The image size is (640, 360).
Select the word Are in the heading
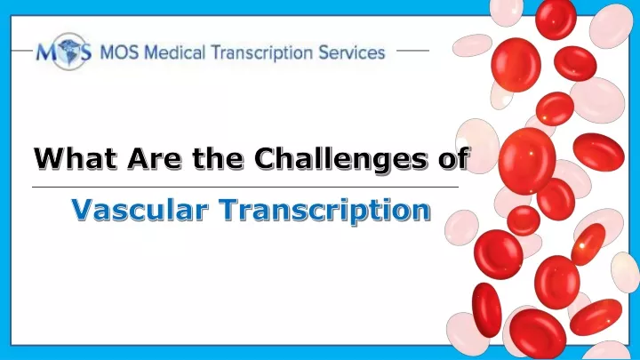point(155,158)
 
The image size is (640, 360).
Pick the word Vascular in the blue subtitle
point(140,210)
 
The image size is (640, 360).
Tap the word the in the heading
point(218,158)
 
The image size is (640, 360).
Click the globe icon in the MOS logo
point(70,52)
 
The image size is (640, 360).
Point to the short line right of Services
point(412,51)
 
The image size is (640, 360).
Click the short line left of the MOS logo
point(22,51)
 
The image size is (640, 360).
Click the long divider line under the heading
point(245,187)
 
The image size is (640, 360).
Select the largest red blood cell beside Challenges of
point(527,161)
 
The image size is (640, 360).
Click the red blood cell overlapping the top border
point(556,19)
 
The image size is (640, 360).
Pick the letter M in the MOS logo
point(45,52)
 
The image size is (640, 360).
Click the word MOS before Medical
point(119,53)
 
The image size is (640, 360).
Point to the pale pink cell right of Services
point(472,45)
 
